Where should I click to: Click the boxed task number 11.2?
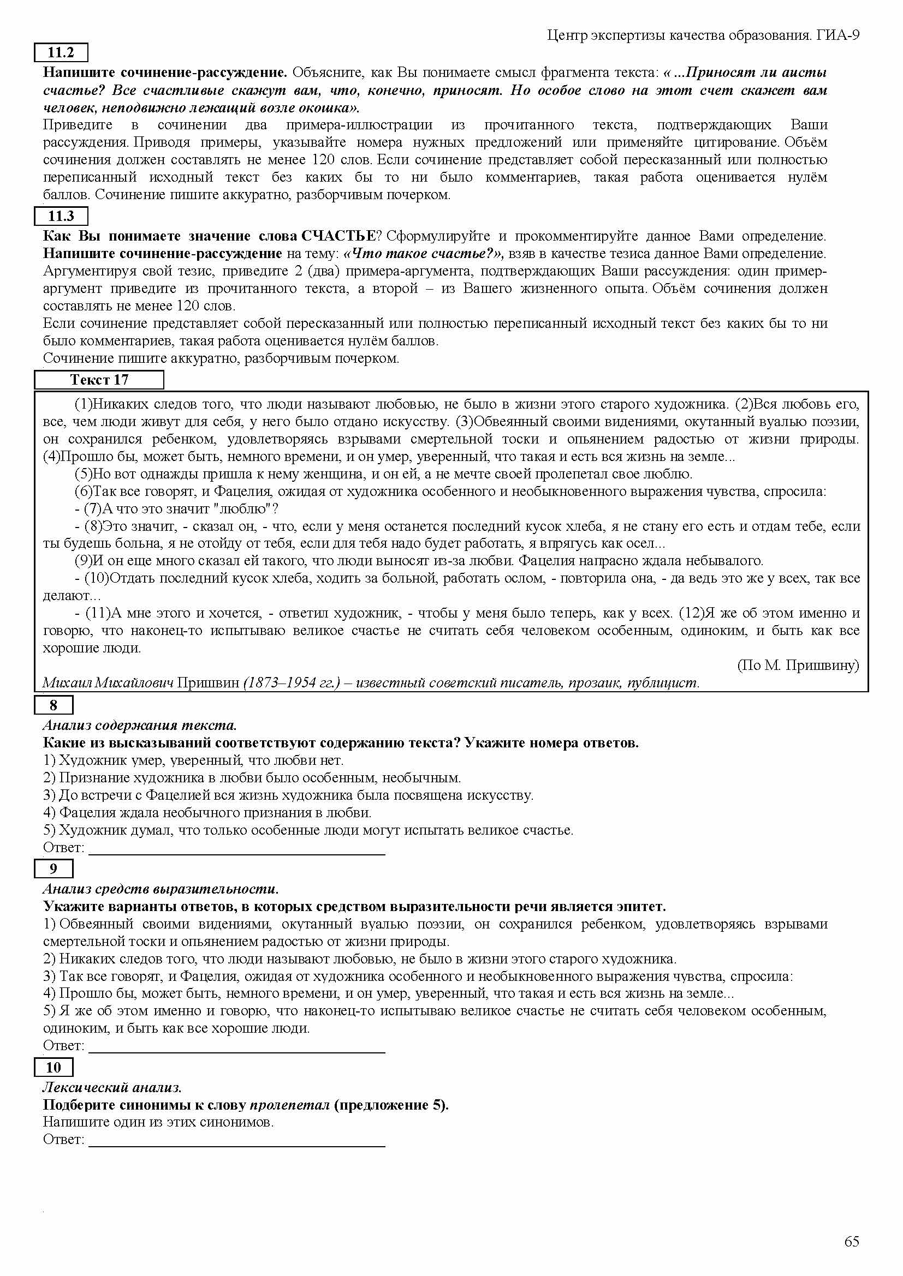[61, 53]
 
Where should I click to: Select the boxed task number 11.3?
[61, 216]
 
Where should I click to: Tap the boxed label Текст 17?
[99, 380]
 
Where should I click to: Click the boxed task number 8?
[54, 705]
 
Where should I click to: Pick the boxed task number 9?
[54, 868]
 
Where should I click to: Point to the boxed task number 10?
[54, 1068]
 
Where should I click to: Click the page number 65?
[851, 1242]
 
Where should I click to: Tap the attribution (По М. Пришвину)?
[798, 665]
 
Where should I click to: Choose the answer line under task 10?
[237, 1146]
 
